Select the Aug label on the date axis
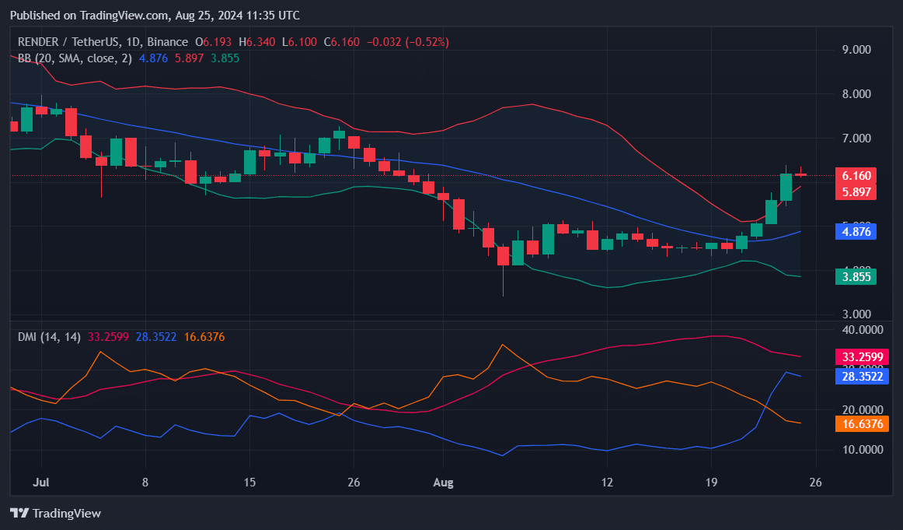click(x=442, y=483)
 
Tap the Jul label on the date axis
click(x=43, y=483)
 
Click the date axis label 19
click(x=710, y=483)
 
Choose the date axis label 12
click(x=607, y=483)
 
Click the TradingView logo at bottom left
click(x=55, y=513)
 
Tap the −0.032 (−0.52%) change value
click(x=406, y=42)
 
